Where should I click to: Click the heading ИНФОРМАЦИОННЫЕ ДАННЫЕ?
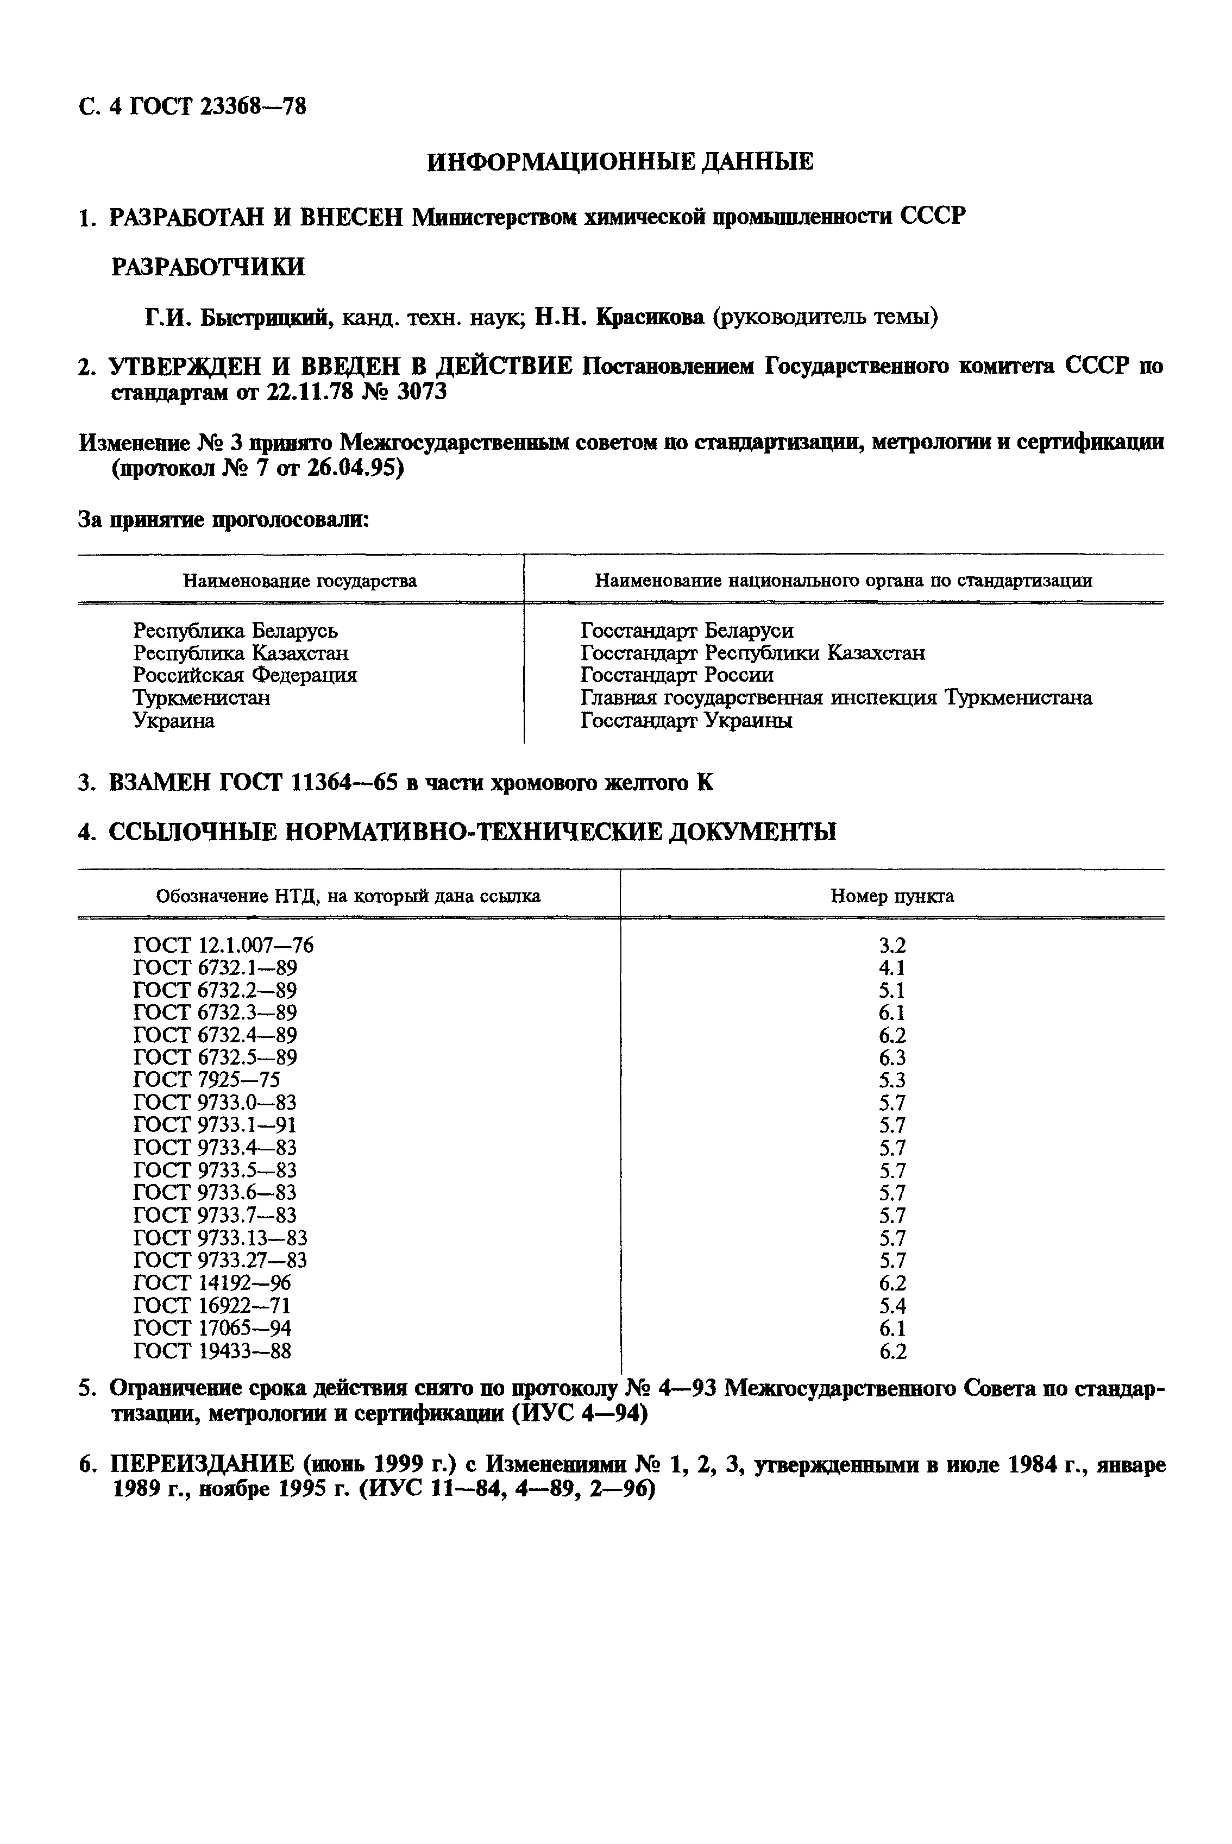click(x=620, y=162)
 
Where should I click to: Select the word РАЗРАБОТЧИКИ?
click(x=208, y=267)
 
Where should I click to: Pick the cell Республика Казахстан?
click(x=241, y=653)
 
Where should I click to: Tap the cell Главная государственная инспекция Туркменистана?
click(x=836, y=698)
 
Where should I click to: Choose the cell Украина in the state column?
click(x=174, y=720)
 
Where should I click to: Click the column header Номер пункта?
click(x=892, y=896)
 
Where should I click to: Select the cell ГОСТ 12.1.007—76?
click(x=223, y=945)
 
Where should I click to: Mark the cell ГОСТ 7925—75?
click(x=206, y=1080)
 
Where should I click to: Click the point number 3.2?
click(x=892, y=945)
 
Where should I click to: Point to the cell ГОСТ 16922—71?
click(x=212, y=1306)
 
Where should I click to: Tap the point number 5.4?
click(x=892, y=1306)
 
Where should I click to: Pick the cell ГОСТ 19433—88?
click(x=212, y=1351)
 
